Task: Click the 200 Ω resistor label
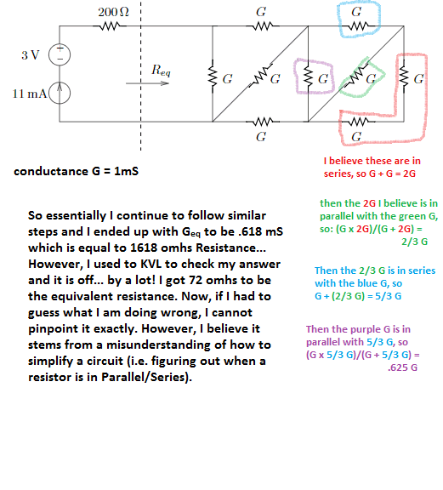point(113,12)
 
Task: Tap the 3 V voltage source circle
point(60,54)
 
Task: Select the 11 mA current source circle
point(60,93)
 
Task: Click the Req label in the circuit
point(161,71)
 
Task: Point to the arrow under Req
point(147,83)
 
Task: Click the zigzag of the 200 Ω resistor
point(110,26)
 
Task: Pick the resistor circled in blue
point(358,26)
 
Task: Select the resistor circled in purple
point(308,77)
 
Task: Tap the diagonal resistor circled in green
point(355,76)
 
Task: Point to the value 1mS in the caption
point(126,171)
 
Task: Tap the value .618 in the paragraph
point(250,231)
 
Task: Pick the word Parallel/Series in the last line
point(145,377)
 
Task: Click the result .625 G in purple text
point(402,367)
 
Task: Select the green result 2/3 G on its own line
point(415,242)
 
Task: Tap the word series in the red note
point(338,174)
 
